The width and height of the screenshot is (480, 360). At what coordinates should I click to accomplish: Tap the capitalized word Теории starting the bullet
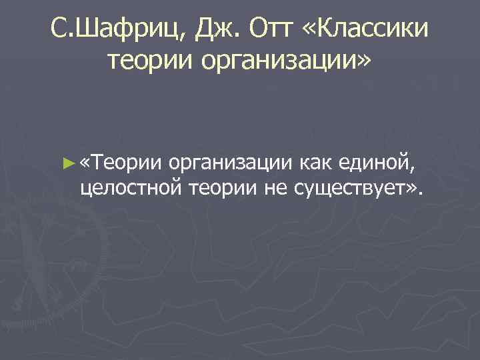click(127, 162)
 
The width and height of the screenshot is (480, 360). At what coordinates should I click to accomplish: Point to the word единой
click(381, 162)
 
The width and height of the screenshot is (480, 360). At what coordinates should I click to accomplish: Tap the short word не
click(275, 189)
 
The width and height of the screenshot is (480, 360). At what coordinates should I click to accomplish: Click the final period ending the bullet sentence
click(421, 194)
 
